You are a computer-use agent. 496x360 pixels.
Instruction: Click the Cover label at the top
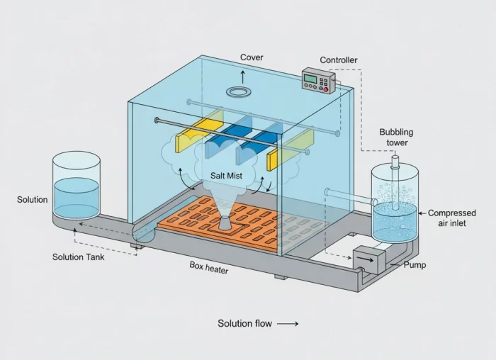tap(252, 57)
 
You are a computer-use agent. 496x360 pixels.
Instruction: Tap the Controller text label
tap(339, 60)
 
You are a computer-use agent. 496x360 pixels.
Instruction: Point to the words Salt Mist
tap(227, 174)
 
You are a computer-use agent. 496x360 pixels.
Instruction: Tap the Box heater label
tap(209, 266)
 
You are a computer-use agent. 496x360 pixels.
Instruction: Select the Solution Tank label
tap(79, 257)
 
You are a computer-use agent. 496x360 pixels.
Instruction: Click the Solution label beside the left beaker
tap(33, 200)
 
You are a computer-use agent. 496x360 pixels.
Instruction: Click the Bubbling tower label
tap(396, 137)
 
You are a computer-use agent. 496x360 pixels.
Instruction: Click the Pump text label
tap(415, 265)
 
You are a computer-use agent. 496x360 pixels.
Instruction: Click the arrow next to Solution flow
tap(288, 324)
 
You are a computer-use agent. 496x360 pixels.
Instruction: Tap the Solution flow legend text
tap(244, 324)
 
